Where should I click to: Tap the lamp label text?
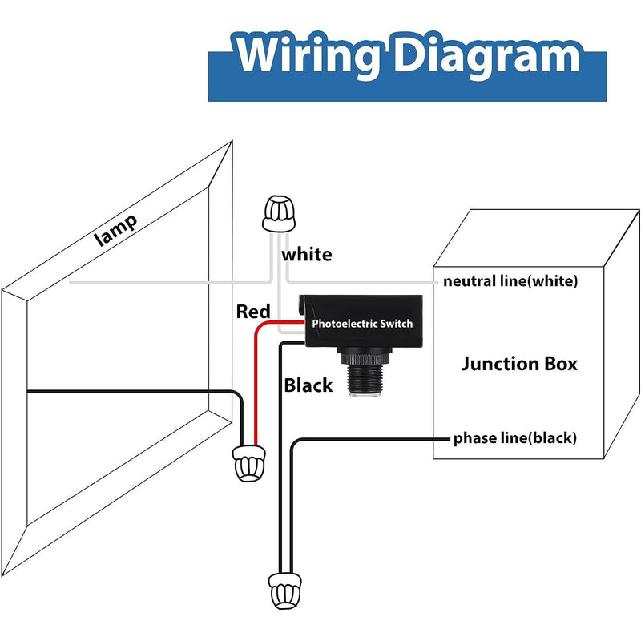tap(115, 230)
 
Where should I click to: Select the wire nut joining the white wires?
tap(279, 214)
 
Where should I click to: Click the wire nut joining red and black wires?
tap(248, 463)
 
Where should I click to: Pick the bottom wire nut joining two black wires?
tap(284, 591)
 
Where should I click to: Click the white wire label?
tap(307, 255)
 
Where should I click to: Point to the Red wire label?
tap(253, 312)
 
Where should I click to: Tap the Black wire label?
tap(308, 385)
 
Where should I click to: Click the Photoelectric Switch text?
tap(362, 324)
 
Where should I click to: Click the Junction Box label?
tap(519, 364)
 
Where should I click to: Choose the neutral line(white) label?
tap(510, 281)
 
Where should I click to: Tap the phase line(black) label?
tap(515, 438)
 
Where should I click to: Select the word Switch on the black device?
tap(396, 324)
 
